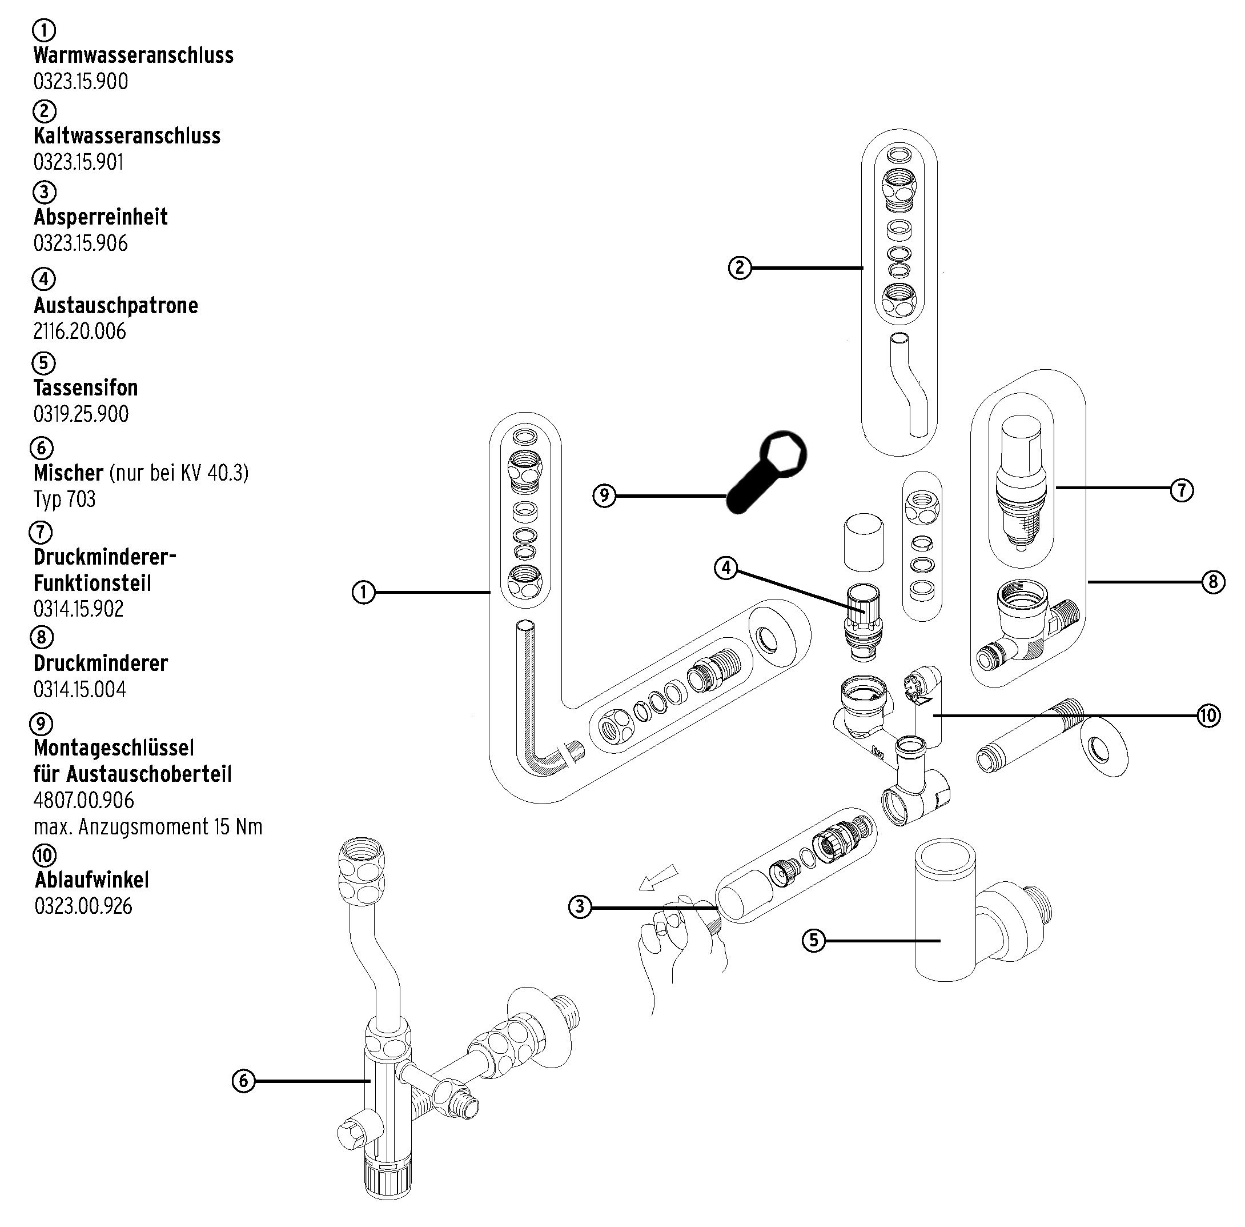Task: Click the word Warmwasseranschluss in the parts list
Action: click(x=133, y=55)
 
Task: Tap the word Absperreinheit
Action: click(x=101, y=217)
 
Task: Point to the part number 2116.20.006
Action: click(x=79, y=331)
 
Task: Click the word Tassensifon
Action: click(x=86, y=388)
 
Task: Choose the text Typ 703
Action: click(x=65, y=499)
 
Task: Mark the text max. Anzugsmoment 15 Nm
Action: click(x=147, y=826)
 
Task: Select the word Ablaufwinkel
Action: click(x=92, y=879)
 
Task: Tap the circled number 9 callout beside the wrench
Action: click(x=604, y=495)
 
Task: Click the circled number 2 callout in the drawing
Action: click(x=740, y=267)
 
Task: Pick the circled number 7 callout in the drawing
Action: click(x=1181, y=490)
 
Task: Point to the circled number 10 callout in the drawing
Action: click(x=1209, y=716)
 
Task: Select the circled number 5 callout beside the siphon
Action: click(x=813, y=940)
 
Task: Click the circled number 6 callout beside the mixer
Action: click(x=243, y=1081)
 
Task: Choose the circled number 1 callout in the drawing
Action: click(x=363, y=592)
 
